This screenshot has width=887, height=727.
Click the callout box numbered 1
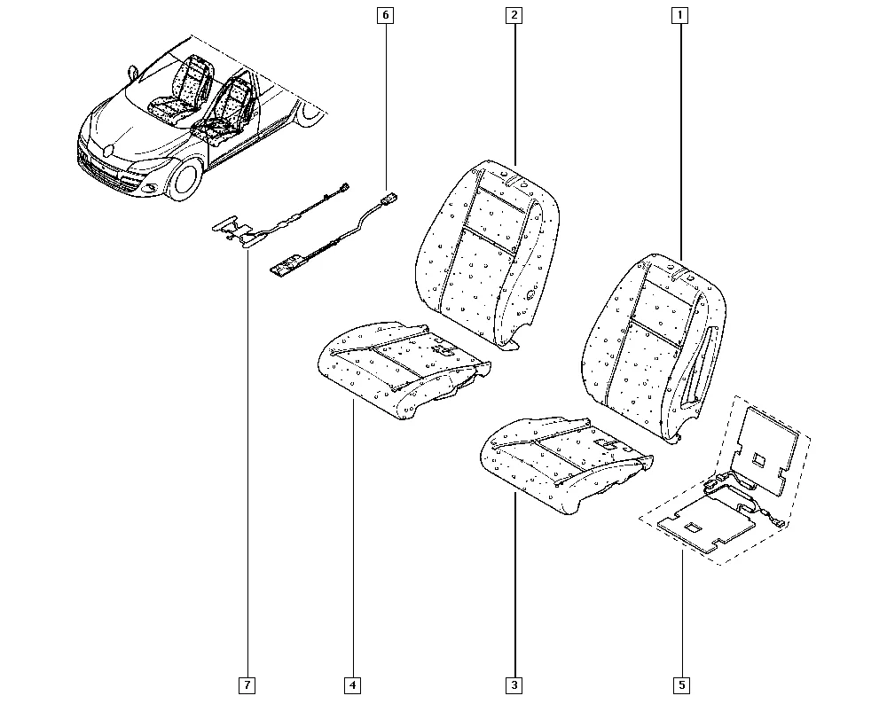coord(680,15)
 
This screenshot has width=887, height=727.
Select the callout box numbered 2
coord(514,15)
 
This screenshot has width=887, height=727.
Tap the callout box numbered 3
coord(514,685)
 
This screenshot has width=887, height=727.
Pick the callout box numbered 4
coord(352,685)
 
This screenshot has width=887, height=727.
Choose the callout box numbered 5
coord(681,685)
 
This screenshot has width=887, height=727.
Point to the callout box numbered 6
coord(386,15)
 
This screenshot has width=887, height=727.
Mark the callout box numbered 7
coord(247,685)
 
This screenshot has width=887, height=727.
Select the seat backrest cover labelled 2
coord(488,254)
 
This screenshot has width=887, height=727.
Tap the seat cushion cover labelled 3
coord(566,464)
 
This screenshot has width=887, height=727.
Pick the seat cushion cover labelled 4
coord(404,370)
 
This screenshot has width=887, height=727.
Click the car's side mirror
coord(134,73)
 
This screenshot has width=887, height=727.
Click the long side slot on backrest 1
coord(699,367)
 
